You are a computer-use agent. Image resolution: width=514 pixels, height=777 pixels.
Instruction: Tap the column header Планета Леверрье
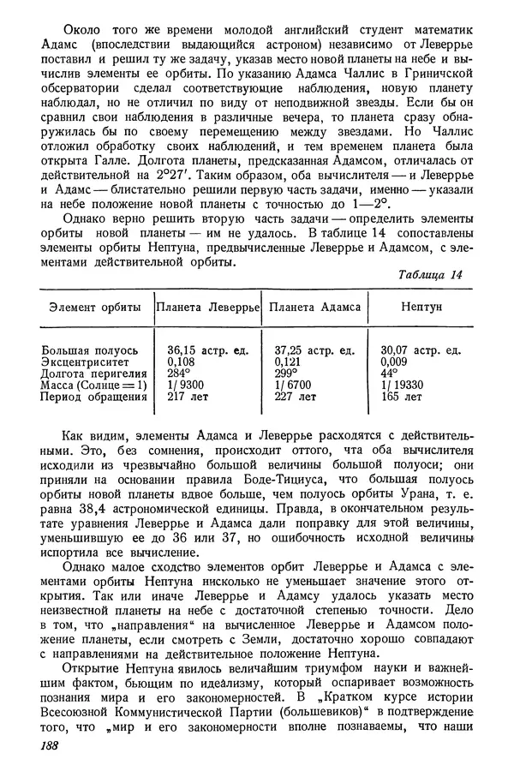[x=206, y=306]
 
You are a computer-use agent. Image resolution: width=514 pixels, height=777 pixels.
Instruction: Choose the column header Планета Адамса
[x=314, y=306]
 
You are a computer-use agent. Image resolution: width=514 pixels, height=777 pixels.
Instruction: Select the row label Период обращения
[x=89, y=397]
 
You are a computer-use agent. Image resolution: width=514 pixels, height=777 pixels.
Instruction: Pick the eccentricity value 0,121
[x=290, y=362]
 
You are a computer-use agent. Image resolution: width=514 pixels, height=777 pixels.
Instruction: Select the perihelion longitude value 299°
[x=286, y=374]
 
